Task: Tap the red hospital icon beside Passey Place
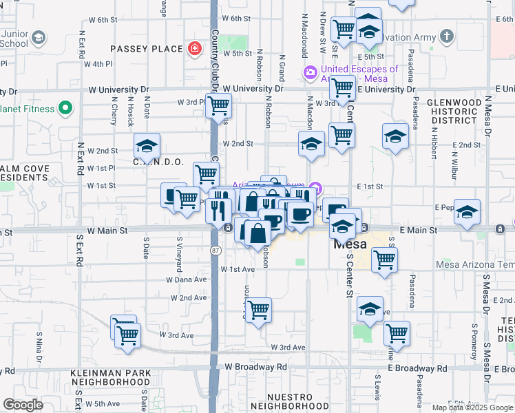(x=196, y=49)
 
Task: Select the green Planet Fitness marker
(x=66, y=108)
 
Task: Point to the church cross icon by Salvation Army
(x=446, y=36)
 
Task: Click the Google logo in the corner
(x=23, y=405)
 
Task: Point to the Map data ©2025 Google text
(x=472, y=407)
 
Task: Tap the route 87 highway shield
(x=216, y=251)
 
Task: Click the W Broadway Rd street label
(x=254, y=367)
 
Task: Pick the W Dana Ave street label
(x=187, y=279)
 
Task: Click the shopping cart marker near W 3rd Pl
(x=218, y=106)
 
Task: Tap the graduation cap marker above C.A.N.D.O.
(x=147, y=146)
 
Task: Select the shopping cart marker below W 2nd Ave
(x=258, y=310)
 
